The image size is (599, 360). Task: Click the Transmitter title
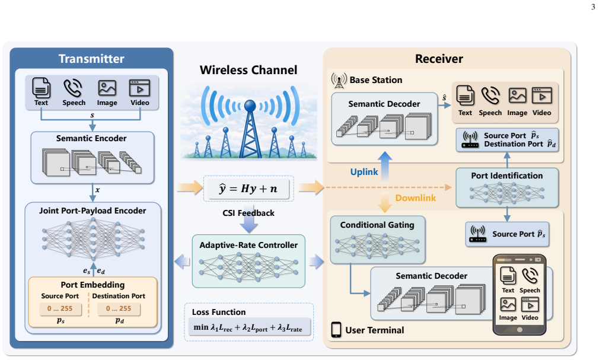pos(91,59)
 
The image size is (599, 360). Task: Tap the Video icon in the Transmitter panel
pos(139,88)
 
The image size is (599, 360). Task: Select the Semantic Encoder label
pos(91,138)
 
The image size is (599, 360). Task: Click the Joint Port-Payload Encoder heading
pos(93,211)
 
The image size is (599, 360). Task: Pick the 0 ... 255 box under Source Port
pos(60,309)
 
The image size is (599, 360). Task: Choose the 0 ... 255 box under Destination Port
pos(119,309)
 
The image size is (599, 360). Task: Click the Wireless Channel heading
pos(248,70)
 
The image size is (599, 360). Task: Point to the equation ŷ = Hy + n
pos(248,189)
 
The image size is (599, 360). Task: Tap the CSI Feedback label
pos(248,213)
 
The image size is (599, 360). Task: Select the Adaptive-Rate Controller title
pos(248,245)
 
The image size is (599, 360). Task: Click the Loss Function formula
pos(248,327)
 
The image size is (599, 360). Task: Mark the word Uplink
pos(364,172)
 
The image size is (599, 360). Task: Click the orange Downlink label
pos(415,198)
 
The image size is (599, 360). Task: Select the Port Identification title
pos(506,176)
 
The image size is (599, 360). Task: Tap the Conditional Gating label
pos(377,225)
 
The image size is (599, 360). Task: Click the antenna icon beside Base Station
pos(339,80)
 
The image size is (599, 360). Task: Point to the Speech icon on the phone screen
pos(530,276)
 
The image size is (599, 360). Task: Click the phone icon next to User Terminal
pos(336,330)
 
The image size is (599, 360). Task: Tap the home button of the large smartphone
pos(520,329)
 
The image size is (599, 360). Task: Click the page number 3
pos(593,7)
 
